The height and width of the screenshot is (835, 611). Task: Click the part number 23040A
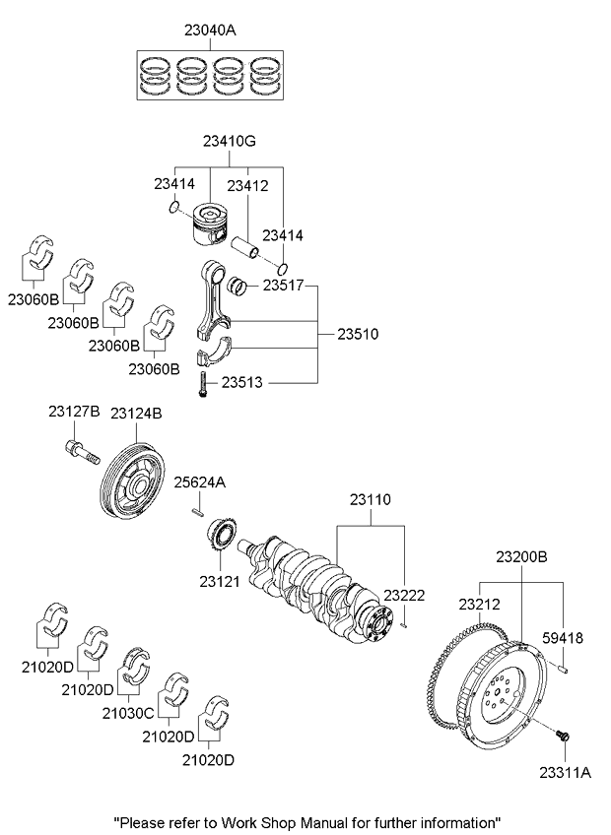tap(209, 31)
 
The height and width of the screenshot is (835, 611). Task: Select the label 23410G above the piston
tap(229, 143)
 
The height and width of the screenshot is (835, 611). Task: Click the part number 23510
tap(358, 335)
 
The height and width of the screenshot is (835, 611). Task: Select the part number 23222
tap(403, 595)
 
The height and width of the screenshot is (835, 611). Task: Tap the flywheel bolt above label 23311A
tap(564, 736)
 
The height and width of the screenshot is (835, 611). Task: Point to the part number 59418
tap(564, 638)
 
